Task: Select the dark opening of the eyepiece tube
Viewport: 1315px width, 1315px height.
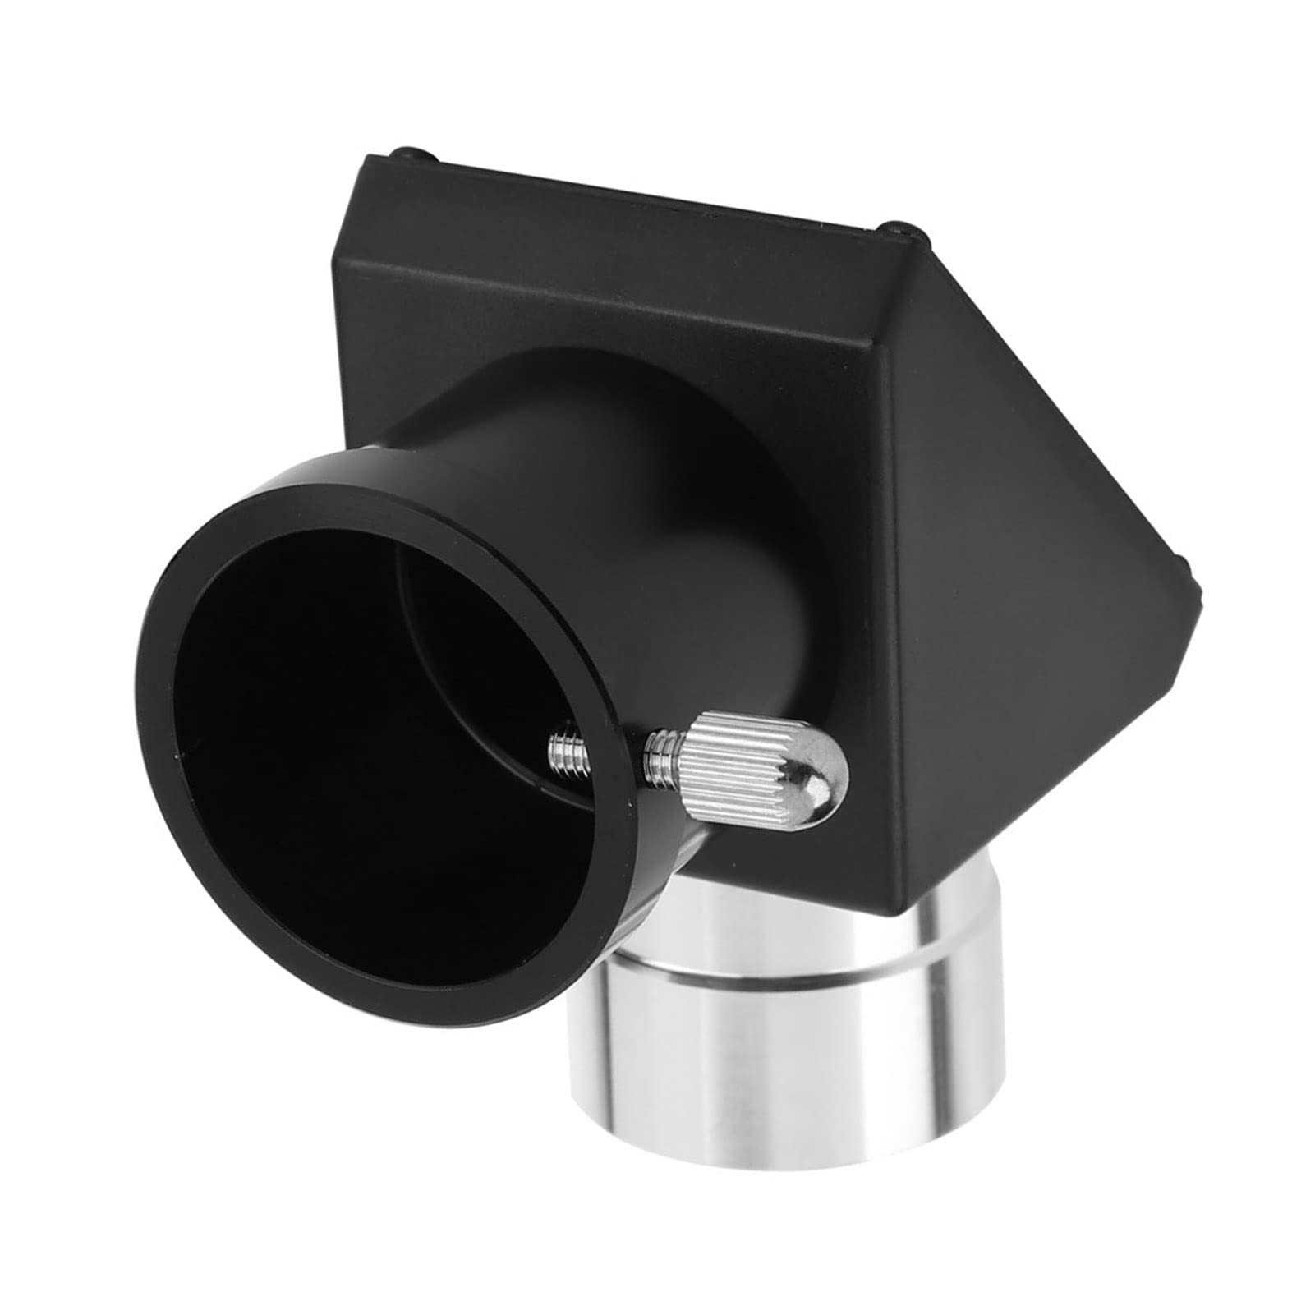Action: [345, 723]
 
